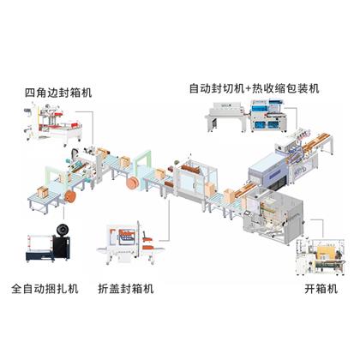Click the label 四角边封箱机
58,93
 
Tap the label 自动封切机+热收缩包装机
254,88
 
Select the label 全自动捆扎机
45,289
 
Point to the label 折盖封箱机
126,289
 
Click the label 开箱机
321,289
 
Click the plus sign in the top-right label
248,88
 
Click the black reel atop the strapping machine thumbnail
63,229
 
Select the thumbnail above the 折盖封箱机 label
130,243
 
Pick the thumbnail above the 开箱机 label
321,257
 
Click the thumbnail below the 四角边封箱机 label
53,124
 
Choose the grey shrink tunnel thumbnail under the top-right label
225,117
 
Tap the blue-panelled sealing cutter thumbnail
268,116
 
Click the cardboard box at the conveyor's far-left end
43,192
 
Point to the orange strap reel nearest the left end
70,196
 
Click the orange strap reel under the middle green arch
133,183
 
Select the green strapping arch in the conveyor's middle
142,164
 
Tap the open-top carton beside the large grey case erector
230,195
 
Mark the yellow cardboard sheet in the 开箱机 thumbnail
326,251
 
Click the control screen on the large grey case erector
247,213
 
